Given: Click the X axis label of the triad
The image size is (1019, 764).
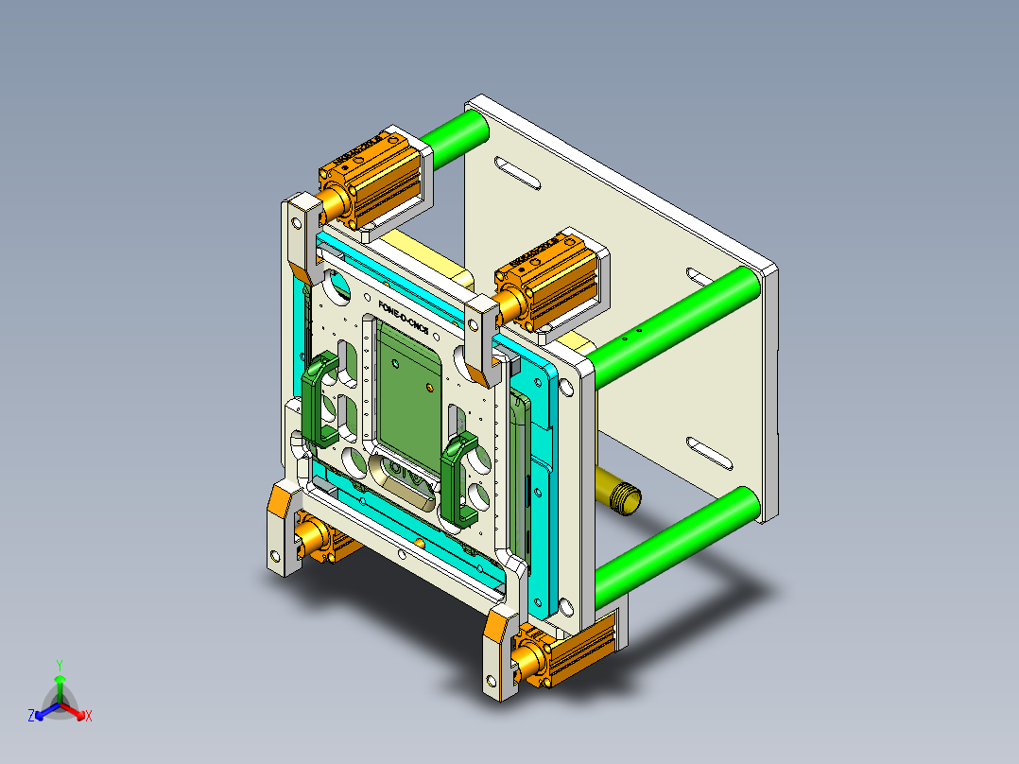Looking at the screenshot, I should pos(89,717).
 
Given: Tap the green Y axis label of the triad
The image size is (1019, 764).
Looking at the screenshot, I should pos(59,665).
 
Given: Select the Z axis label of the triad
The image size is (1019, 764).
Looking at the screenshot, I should pos(31,717).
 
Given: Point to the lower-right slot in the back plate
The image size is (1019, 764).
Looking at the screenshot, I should pos(711,453).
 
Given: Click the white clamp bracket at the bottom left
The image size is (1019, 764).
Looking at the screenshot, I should pos(282,530).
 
